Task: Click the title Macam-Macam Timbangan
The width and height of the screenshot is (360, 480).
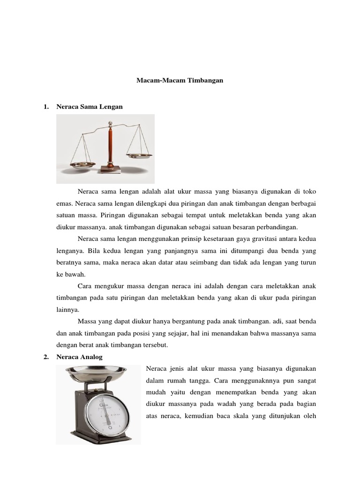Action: pos(180,81)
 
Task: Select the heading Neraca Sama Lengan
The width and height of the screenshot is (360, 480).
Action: pos(89,106)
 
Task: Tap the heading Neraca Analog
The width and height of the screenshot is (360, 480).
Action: pos(79,357)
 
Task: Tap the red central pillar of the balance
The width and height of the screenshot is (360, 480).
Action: pos(111,145)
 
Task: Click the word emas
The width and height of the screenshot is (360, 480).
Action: pos(63,204)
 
